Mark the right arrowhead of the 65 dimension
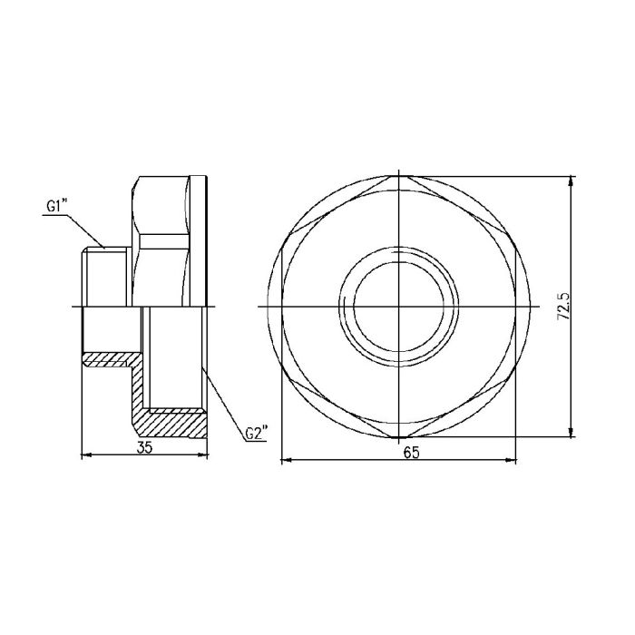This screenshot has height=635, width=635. click(513, 460)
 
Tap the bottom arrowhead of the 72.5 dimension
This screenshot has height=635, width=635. click(571, 434)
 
